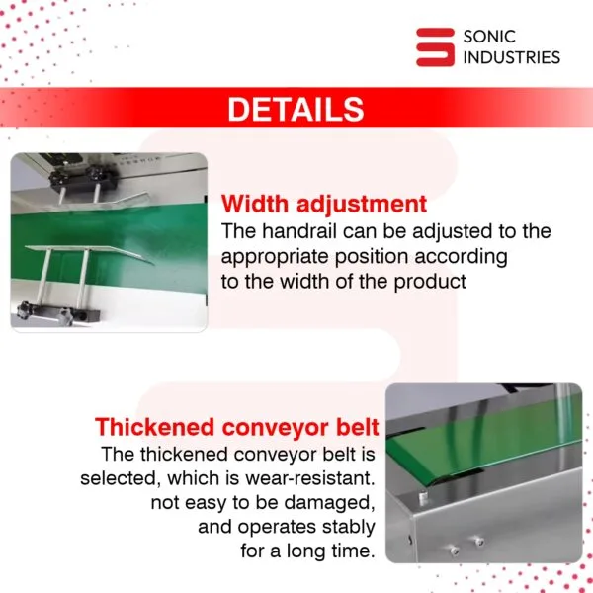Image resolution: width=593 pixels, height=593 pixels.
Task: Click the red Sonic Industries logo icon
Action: (435, 46)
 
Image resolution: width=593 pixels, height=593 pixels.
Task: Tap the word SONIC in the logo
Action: (489, 37)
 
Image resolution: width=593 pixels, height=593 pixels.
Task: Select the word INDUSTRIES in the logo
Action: (512, 57)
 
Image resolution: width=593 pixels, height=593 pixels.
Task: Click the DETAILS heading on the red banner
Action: (296, 109)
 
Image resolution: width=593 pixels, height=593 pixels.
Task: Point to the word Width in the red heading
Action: (255, 204)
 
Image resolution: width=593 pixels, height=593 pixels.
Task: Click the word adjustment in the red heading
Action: (362, 205)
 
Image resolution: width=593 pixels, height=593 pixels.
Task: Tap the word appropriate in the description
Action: (275, 257)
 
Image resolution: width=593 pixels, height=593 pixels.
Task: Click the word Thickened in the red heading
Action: (155, 427)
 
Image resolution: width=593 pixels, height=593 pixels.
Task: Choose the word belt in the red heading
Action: (358, 427)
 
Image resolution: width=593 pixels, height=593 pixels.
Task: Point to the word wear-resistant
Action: (309, 478)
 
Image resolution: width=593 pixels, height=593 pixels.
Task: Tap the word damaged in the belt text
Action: (329, 503)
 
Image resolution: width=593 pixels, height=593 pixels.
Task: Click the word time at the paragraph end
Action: (353, 551)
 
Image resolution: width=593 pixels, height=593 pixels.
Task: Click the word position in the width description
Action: (372, 257)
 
